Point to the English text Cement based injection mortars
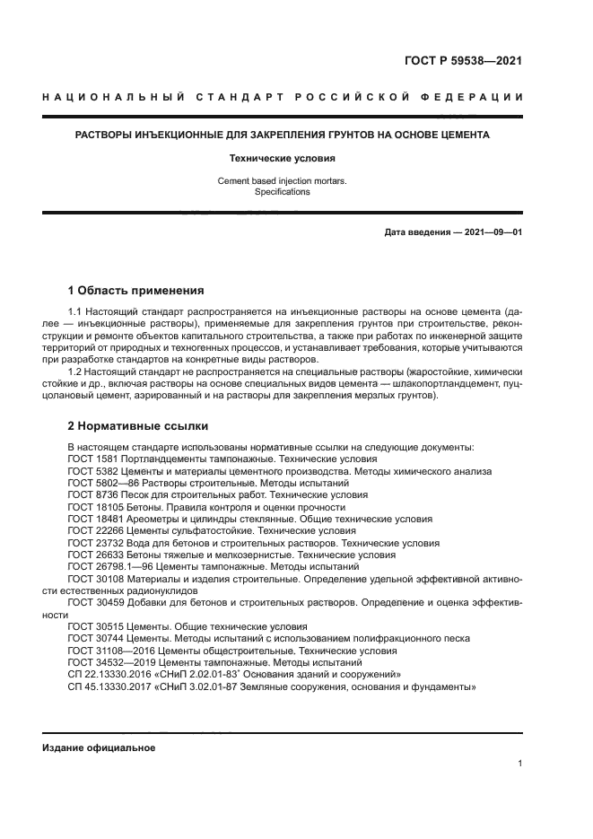(x=283, y=180)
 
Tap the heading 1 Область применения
(x=136, y=291)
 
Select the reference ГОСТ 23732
(x=95, y=544)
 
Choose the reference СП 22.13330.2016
(x=109, y=674)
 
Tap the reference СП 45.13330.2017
(x=109, y=686)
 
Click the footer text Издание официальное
(x=99, y=747)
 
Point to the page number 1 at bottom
(x=519, y=764)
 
